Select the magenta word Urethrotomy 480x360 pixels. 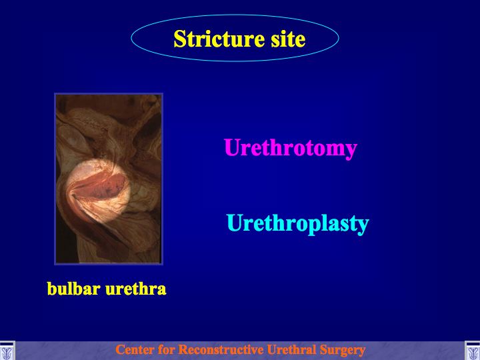pos(291,149)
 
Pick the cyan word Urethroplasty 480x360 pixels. pos(297,224)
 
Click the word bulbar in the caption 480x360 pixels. pos(74,289)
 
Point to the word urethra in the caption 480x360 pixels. pos(135,289)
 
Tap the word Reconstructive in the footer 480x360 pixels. pos(221,349)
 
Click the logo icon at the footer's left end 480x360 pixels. pos(7,351)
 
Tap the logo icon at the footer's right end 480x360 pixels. pos(473,351)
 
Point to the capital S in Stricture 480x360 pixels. pos(180,39)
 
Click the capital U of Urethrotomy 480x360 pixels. pos(232,147)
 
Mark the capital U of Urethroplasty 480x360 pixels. pos(235,223)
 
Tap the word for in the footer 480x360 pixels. pos(167,349)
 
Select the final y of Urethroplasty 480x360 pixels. pos(363,227)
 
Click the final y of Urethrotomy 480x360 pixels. pos(351,152)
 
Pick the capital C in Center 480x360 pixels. pos(120,349)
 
